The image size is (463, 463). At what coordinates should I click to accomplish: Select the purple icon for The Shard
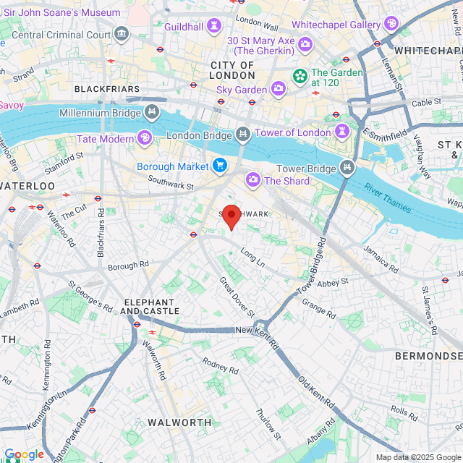[x=253, y=179]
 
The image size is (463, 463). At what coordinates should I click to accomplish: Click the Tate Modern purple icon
[x=145, y=138]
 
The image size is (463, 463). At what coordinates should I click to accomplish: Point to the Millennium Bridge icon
[x=152, y=112]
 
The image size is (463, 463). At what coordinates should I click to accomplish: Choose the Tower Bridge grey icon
[x=348, y=169]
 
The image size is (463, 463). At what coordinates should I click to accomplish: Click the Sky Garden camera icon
[x=279, y=89]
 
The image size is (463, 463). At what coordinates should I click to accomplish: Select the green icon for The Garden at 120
[x=300, y=75]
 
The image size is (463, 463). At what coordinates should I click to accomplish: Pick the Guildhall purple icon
[x=213, y=26]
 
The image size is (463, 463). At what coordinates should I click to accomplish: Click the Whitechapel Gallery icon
[x=391, y=25]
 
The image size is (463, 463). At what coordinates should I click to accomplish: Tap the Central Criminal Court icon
[x=121, y=33]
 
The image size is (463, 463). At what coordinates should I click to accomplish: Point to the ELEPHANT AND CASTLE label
[x=149, y=306]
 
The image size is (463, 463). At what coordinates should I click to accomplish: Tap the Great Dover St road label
[x=237, y=296]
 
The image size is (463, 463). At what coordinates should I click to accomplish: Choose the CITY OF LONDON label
[x=232, y=69]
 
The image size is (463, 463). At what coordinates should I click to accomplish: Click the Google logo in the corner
[x=24, y=454]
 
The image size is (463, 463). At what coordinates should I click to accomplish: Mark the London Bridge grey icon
[x=243, y=135]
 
